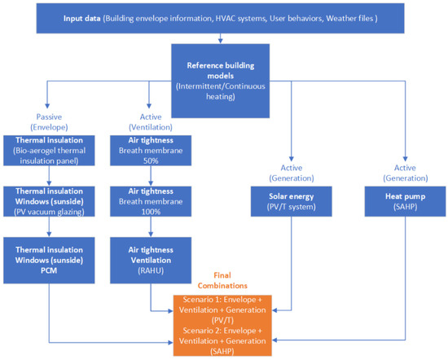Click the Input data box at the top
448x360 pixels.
click(x=220, y=19)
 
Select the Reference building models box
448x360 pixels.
click(x=220, y=81)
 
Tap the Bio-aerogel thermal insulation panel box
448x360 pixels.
click(x=49, y=151)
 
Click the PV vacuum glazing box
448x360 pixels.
click(x=49, y=201)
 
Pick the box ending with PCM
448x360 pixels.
click(x=49, y=261)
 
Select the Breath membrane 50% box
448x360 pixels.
click(x=151, y=151)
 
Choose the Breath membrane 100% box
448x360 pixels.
click(x=151, y=201)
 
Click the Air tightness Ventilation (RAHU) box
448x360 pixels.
click(x=151, y=261)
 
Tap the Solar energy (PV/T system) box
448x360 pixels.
click(x=292, y=201)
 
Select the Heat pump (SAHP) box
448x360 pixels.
click(x=405, y=201)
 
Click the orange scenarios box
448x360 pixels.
click(x=222, y=326)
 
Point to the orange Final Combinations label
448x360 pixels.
click(x=222, y=280)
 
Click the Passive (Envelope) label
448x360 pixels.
click(x=49, y=122)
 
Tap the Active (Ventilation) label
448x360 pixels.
click(x=151, y=122)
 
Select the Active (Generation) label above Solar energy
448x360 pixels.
click(x=292, y=173)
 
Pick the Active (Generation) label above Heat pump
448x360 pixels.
click(x=405, y=173)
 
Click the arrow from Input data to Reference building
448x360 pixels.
click(x=220, y=38)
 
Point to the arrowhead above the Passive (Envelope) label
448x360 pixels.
click(x=47, y=106)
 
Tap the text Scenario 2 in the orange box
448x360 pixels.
click(x=202, y=331)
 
